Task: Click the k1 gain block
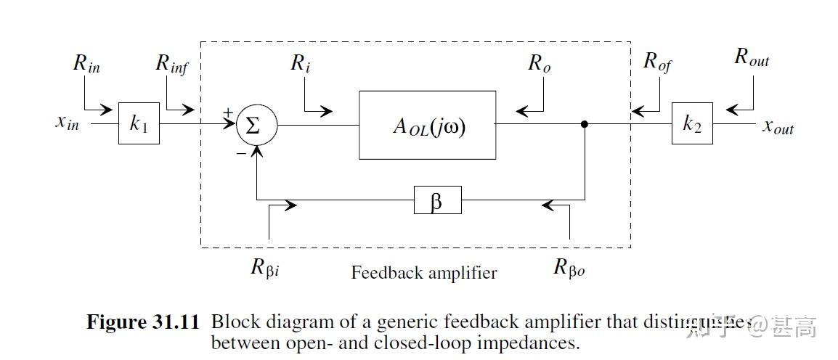[x=139, y=123]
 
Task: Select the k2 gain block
[x=691, y=123]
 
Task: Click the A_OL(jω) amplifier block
[x=427, y=125]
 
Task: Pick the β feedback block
[x=437, y=200]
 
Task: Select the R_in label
[x=86, y=64]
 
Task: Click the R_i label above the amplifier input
[x=301, y=64]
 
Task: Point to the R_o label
[x=539, y=64]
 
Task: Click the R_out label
[x=752, y=58]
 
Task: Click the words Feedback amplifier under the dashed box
[x=424, y=273]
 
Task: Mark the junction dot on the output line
[x=585, y=124]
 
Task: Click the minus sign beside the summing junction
[x=240, y=154]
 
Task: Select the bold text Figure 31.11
[x=142, y=322]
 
